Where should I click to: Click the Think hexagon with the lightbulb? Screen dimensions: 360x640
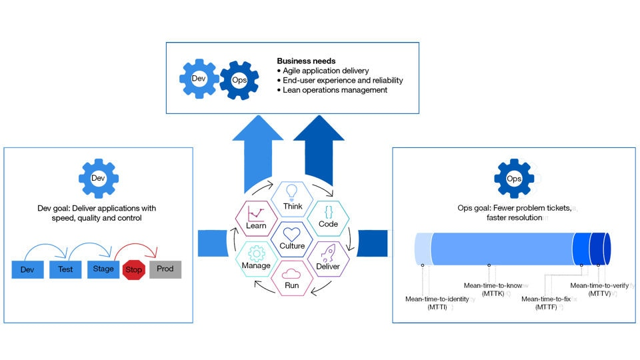(x=292, y=199)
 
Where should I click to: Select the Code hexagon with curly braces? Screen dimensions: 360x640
(x=328, y=217)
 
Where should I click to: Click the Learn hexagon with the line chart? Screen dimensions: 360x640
(x=257, y=218)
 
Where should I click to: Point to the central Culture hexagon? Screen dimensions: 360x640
(x=292, y=239)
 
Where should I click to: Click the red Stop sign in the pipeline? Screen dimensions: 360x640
(x=133, y=270)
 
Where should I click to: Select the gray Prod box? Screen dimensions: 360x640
(x=165, y=269)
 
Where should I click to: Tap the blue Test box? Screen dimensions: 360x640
(x=65, y=269)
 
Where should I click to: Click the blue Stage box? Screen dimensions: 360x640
(x=103, y=269)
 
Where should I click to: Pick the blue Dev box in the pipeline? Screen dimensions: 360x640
(x=28, y=269)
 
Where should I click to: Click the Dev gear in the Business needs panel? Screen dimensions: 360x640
(x=199, y=79)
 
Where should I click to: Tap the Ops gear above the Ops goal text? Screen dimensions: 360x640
(x=514, y=179)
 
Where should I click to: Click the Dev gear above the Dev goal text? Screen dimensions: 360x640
(x=98, y=178)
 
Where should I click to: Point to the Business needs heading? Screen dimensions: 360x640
(x=306, y=61)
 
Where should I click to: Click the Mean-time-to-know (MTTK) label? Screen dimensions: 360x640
(x=493, y=290)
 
